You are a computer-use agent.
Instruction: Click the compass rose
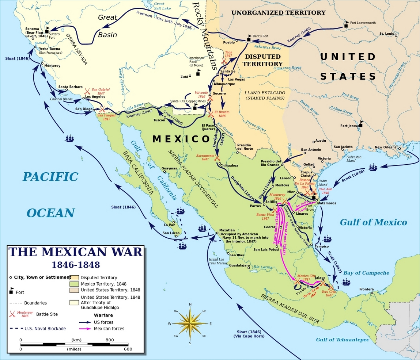190,323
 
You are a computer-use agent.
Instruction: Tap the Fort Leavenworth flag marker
346,24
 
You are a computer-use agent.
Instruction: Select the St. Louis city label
386,34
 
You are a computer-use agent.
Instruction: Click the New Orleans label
385,148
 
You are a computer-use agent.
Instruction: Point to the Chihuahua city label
229,165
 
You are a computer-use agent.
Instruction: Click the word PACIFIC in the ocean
50,177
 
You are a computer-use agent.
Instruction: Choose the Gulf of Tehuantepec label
343,340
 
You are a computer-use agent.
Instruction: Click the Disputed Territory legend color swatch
74,277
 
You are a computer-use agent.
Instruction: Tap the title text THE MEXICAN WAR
75,252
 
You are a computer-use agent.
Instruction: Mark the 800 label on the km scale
110,340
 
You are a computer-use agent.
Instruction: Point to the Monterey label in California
52,66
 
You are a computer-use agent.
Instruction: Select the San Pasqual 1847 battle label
106,117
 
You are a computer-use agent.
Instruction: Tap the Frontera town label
366,289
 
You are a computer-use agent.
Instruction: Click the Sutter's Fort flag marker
47,30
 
